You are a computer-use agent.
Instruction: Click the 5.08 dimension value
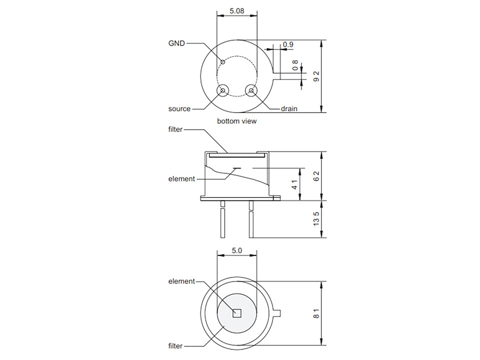pyautogui.click(x=236, y=11)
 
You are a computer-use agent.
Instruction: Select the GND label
pyautogui.click(x=176, y=43)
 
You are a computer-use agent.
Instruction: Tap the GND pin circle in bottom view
pyautogui.click(x=223, y=62)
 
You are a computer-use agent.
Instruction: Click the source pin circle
pyautogui.click(x=222, y=90)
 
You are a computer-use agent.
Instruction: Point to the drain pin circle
pyautogui.click(x=251, y=90)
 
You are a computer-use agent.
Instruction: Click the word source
pyautogui.click(x=179, y=109)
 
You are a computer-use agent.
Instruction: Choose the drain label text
pyautogui.click(x=289, y=108)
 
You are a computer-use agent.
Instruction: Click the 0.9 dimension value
pyautogui.click(x=288, y=44)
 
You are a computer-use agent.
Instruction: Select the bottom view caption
pyautogui.click(x=236, y=121)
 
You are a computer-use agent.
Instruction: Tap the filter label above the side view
pyautogui.click(x=175, y=129)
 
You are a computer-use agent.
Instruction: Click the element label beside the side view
pyautogui.click(x=181, y=179)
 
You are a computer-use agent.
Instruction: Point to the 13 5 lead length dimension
pyautogui.click(x=316, y=219)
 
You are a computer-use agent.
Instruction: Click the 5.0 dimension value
pyautogui.click(x=236, y=250)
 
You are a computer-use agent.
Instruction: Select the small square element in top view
pyautogui.click(x=237, y=313)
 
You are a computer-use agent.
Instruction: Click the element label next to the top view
pyautogui.click(x=181, y=281)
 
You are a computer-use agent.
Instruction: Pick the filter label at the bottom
pyautogui.click(x=175, y=346)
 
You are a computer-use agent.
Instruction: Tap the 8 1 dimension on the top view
pyautogui.click(x=316, y=313)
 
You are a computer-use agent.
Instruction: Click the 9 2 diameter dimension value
pyautogui.click(x=316, y=76)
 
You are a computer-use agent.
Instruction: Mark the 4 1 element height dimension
pyautogui.click(x=294, y=184)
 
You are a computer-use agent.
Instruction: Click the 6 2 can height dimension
pyautogui.click(x=316, y=176)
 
